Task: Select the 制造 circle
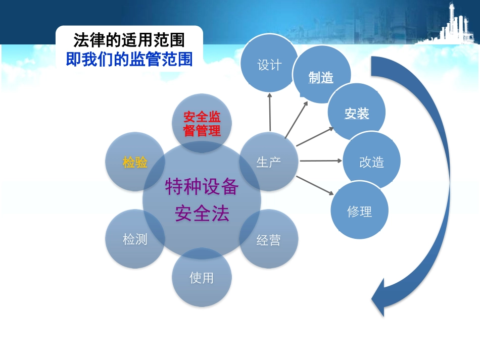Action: (x=321, y=76)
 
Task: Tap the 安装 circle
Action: (x=357, y=113)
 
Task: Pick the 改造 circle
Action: (x=372, y=162)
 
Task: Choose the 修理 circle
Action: (x=359, y=211)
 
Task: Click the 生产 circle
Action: (x=268, y=162)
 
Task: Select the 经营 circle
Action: (x=268, y=239)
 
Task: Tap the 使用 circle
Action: (x=202, y=277)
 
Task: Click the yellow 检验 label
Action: (x=135, y=162)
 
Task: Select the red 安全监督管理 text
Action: (x=202, y=124)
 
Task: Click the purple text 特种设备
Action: (x=202, y=188)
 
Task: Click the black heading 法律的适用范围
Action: (x=129, y=40)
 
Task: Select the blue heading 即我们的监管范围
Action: (x=129, y=60)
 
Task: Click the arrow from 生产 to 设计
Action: (x=270, y=112)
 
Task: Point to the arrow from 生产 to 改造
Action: (x=320, y=161)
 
